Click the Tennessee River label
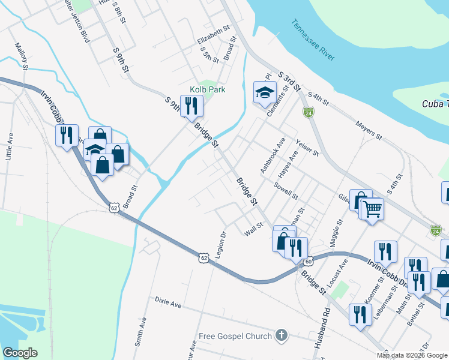[312, 40]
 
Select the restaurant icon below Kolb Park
[191, 106]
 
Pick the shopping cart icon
[372, 209]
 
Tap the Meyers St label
[369, 132]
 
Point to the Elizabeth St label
[214, 35]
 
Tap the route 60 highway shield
[309, 262]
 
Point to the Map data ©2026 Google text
[412, 355]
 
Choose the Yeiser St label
[307, 148]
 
